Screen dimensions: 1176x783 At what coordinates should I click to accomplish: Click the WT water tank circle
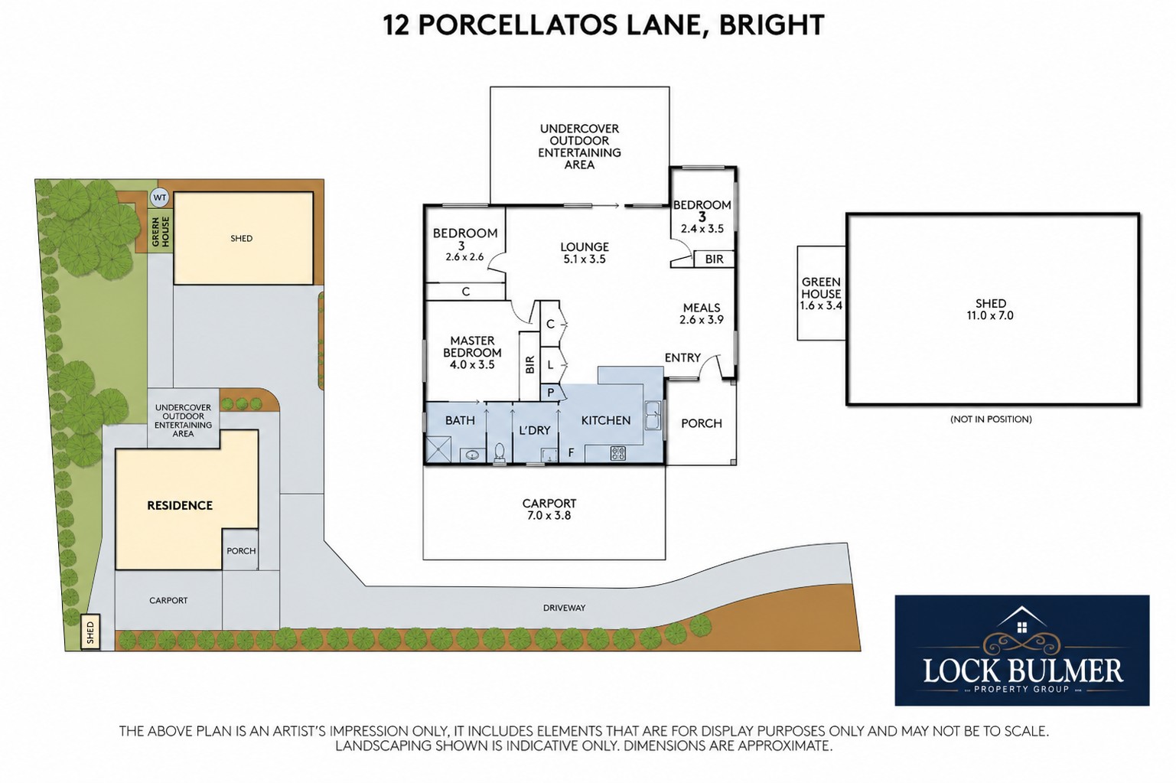click(160, 198)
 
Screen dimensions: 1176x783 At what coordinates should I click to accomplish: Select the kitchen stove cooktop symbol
click(618, 453)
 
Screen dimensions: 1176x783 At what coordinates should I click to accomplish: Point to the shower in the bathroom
click(438, 449)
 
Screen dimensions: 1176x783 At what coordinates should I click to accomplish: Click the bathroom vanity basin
click(473, 455)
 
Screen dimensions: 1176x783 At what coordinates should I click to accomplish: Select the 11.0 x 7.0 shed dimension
click(990, 315)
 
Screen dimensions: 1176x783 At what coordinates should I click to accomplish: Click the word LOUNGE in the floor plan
click(585, 246)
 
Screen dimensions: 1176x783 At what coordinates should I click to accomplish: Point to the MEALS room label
click(702, 308)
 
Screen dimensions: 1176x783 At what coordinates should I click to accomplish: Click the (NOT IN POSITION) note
click(991, 419)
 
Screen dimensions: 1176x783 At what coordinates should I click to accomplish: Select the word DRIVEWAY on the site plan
click(564, 608)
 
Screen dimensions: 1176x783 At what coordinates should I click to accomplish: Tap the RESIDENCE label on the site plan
click(180, 505)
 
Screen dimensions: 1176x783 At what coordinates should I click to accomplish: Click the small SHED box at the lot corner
click(90, 631)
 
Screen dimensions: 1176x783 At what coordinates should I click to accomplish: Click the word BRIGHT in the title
click(772, 24)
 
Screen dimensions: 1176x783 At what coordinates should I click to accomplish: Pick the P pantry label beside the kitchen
click(551, 393)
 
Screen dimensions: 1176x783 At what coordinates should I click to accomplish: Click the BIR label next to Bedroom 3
click(714, 259)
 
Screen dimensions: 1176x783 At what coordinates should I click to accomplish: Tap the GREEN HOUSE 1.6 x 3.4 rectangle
click(821, 293)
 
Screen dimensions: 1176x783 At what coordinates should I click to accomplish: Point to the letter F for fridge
click(572, 453)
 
